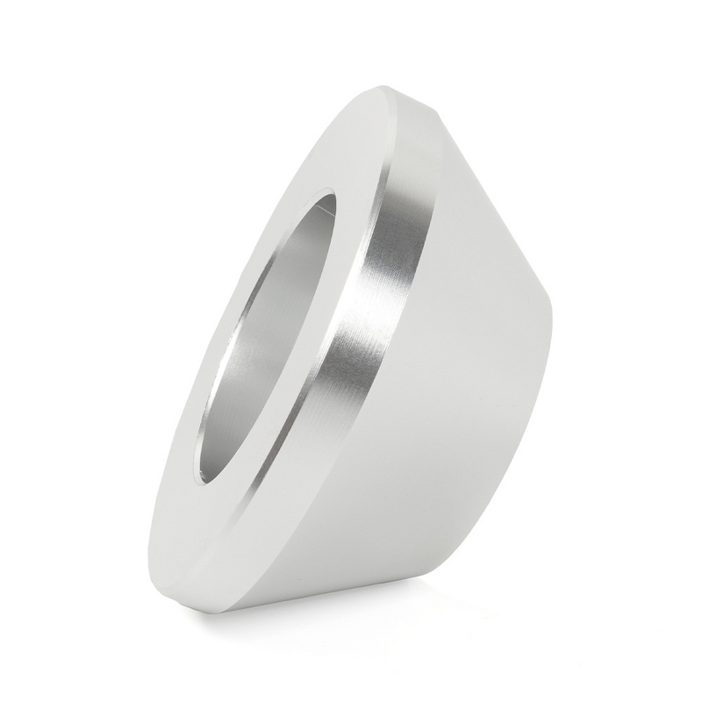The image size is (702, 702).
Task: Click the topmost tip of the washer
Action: coord(386,86)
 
